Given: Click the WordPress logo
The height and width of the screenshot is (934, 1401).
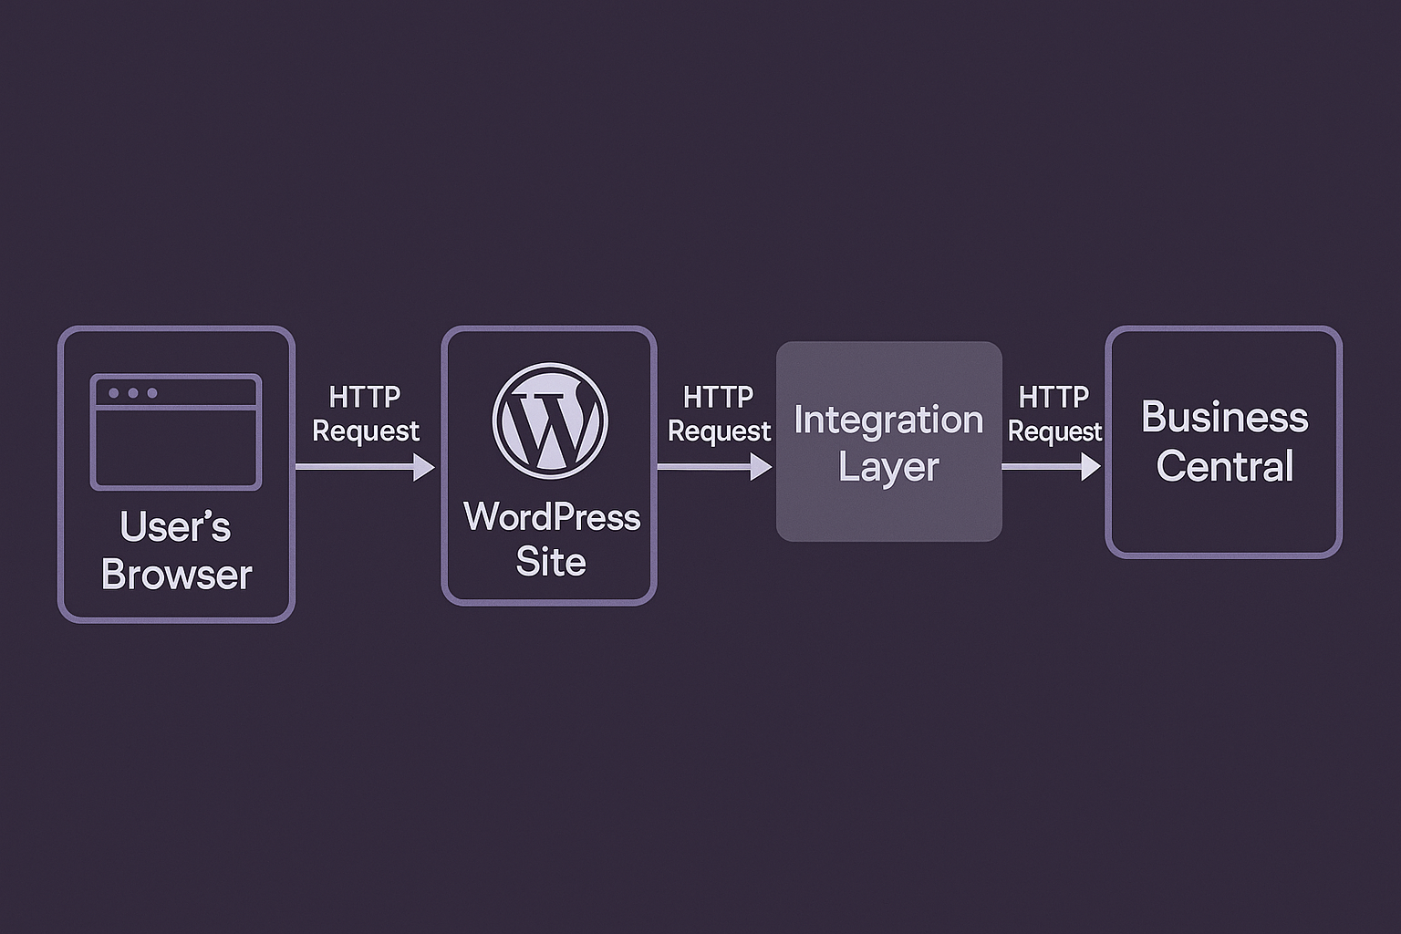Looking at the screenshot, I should (x=550, y=420).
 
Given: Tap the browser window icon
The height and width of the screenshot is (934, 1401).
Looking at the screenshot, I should (x=176, y=431).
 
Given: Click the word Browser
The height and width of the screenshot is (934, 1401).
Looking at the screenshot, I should (x=176, y=575).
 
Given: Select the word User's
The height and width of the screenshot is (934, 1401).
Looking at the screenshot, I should (x=175, y=527).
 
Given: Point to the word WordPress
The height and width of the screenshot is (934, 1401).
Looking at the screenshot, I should (x=552, y=517).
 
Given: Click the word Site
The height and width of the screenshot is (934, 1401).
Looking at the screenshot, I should (x=551, y=562).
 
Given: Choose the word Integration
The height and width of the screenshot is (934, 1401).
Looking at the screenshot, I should (x=888, y=420).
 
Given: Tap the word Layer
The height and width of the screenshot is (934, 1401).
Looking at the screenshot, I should (x=888, y=467).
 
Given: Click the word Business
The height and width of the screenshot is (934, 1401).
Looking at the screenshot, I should (x=1224, y=418).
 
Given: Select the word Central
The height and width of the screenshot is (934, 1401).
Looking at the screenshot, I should (x=1224, y=466).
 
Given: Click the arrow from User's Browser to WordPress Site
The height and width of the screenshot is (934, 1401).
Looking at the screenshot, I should (x=365, y=467).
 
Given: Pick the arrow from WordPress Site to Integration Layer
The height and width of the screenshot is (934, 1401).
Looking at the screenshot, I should (x=714, y=467).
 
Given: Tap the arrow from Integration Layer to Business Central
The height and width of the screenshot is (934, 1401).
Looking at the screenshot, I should (x=1051, y=467).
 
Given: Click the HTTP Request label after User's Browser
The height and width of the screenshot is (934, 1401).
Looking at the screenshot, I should (x=366, y=413).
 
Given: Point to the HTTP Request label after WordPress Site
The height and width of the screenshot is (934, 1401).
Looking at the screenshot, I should (x=719, y=413).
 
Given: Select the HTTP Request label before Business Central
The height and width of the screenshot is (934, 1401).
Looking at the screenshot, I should (x=1054, y=413).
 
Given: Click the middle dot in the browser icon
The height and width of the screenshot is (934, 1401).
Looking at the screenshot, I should (x=133, y=393).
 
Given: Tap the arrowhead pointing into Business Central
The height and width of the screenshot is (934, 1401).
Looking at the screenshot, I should (x=1090, y=467).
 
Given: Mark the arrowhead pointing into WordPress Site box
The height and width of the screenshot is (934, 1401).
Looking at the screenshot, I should (x=424, y=467).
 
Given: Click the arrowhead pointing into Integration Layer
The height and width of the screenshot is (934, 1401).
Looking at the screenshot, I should (x=761, y=467).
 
